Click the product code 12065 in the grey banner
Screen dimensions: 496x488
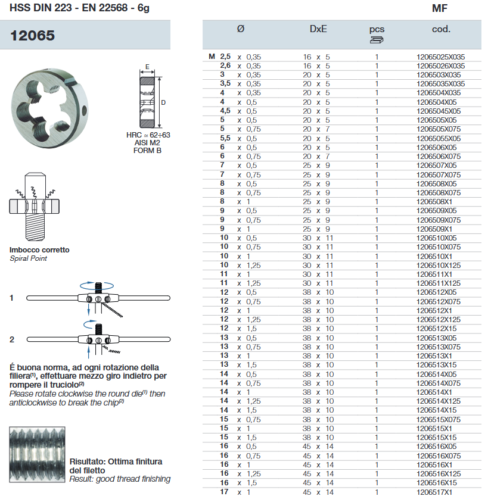33,36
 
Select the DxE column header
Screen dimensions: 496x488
318,29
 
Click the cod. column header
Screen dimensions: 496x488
441,29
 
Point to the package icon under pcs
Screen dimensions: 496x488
377,40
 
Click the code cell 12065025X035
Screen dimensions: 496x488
440,57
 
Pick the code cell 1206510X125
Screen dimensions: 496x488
438,265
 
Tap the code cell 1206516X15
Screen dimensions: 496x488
437,483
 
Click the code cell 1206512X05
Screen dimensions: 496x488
437,292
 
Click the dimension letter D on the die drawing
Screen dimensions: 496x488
163,102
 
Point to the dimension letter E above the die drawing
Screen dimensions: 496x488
147,67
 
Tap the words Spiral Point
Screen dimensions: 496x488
28,258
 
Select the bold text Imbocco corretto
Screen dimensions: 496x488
39,250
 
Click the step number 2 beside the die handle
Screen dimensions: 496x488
12,339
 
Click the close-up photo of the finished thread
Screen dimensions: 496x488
37,455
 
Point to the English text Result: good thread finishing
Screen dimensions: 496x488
120,479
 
